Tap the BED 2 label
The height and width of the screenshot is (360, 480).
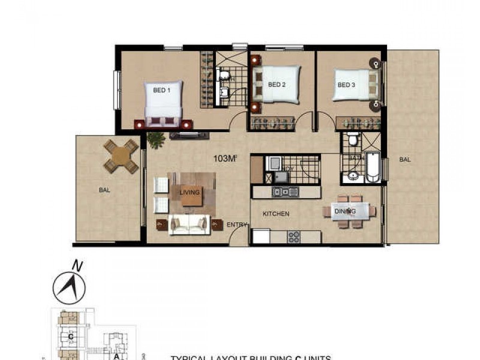tap(276, 85)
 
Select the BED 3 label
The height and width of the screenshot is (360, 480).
tap(346, 85)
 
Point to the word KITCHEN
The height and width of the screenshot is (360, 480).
tap(275, 214)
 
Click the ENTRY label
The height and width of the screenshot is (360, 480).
tap(236, 225)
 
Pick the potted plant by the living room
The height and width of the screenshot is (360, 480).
tap(156, 140)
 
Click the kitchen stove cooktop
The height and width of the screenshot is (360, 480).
tap(294, 236)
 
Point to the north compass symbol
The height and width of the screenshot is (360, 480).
tap(69, 287)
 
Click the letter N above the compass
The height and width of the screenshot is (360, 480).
tap(76, 264)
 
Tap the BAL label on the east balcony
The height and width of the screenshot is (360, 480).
tap(405, 160)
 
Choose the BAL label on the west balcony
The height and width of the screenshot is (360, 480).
tap(105, 190)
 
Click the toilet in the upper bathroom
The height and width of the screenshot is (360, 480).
tap(220, 75)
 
